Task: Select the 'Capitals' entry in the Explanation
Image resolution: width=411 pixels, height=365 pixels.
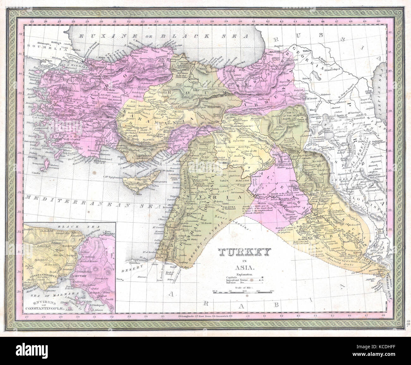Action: pyautogui.click(x=232, y=277)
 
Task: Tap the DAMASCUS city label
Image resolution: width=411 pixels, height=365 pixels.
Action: pyautogui.click(x=183, y=214)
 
